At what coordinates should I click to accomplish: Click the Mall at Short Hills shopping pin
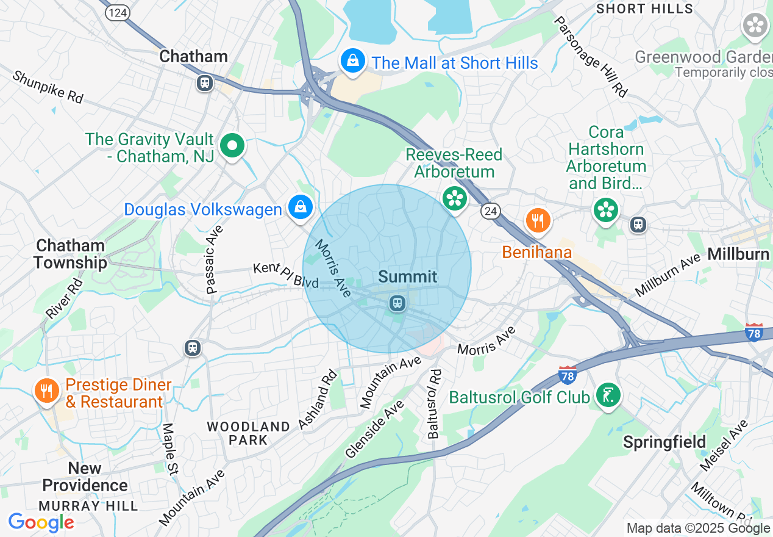coord(352,61)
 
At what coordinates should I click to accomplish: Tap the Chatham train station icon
coord(204,83)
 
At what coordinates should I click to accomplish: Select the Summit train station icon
coord(397,303)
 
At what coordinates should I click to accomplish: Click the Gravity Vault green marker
coord(232,146)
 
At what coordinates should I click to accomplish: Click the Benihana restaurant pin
coord(537,221)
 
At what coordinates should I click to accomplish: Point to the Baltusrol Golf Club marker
coord(608,395)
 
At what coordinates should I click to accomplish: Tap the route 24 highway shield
coord(490,211)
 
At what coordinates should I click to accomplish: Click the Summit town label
coord(408,276)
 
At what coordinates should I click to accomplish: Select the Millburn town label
coord(738,254)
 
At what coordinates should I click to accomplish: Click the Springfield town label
coord(664,442)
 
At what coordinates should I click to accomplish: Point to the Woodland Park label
coord(248,433)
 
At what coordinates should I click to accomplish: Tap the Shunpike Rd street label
coord(48,87)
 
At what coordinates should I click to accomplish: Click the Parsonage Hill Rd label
coord(590,56)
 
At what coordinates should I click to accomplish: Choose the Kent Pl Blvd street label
coord(286,276)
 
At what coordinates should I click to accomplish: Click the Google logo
coord(41,522)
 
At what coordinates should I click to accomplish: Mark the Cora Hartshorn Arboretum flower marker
coord(605,211)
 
